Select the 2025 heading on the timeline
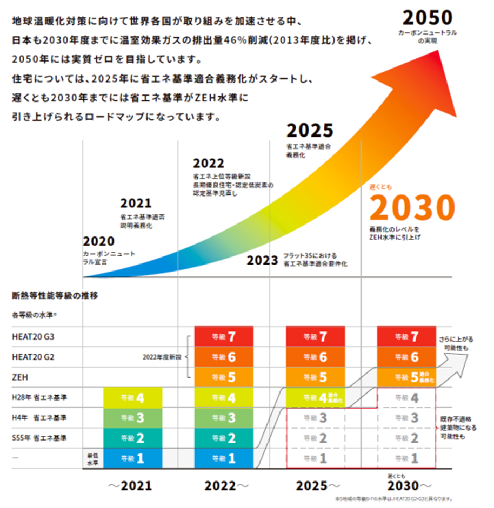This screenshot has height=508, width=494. click(x=310, y=131)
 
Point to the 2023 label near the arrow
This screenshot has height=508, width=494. click(x=262, y=261)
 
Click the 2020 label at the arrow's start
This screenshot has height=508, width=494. click(x=99, y=241)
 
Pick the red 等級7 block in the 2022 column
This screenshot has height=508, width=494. click(x=223, y=337)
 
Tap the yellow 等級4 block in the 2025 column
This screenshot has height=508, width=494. click(x=315, y=398)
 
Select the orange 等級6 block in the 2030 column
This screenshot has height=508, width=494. click(x=406, y=357)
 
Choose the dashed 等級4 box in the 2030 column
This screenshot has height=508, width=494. click(x=406, y=398)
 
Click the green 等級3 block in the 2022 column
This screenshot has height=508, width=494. click(x=223, y=418)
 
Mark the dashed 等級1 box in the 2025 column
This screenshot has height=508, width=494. click(x=315, y=458)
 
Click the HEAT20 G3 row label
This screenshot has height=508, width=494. click(x=33, y=337)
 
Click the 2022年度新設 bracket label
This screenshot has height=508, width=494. click(x=162, y=357)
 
